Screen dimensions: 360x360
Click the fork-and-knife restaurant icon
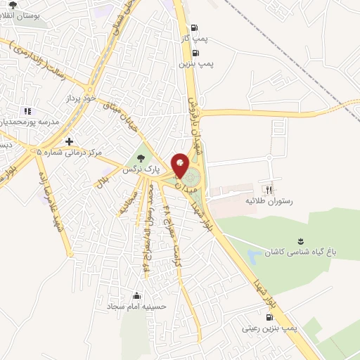267,189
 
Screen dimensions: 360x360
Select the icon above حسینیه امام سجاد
136,295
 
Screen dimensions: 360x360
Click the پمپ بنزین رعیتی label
271,328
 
